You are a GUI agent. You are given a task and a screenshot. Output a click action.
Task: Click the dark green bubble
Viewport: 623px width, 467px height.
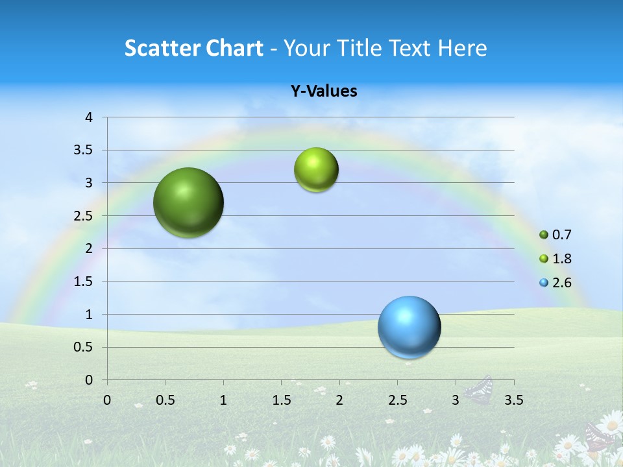tap(188, 202)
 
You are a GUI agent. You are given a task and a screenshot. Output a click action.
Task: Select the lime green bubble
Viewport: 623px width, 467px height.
tap(316, 170)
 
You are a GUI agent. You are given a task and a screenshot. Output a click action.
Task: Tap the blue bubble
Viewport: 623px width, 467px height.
tap(409, 327)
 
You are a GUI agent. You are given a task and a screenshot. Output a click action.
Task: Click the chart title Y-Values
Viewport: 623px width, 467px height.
tap(323, 91)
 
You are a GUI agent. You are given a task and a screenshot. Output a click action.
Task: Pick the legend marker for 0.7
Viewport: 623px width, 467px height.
tap(544, 235)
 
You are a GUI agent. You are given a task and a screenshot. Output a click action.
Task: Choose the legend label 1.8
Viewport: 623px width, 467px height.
tap(561, 259)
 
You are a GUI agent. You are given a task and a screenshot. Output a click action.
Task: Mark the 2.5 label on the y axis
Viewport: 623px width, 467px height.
tap(83, 216)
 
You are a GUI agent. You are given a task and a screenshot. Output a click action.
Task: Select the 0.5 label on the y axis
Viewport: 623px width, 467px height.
tap(83, 348)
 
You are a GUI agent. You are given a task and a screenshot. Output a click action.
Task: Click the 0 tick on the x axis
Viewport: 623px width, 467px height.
tap(107, 400)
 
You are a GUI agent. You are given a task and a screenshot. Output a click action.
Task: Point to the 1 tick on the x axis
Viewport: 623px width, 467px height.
tap(223, 400)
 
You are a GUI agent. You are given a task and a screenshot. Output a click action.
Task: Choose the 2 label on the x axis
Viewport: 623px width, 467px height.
tap(339, 400)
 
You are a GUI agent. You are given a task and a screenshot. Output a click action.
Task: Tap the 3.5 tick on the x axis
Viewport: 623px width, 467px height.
tap(513, 400)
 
